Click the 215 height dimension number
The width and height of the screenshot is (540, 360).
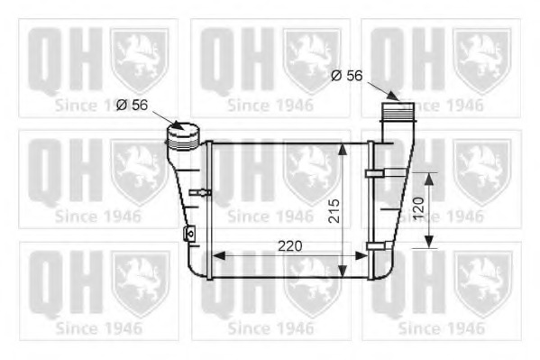[334, 210]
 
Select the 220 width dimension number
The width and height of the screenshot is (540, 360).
[288, 245]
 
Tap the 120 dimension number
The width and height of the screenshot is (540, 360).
[416, 209]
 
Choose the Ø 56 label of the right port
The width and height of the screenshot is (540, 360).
[346, 76]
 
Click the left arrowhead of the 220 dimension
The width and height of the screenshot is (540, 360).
[215, 254]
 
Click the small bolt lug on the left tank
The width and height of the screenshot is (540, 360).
[189, 235]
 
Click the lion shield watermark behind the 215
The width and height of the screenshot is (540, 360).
[311, 171]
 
